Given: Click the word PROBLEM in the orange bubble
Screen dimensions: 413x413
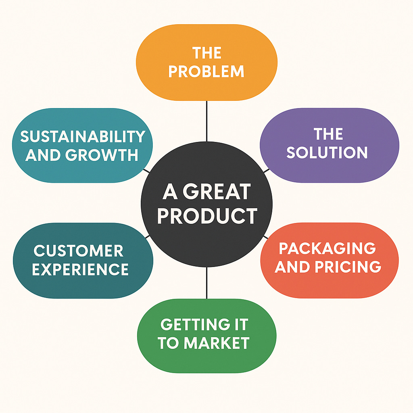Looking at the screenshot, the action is (x=206, y=71).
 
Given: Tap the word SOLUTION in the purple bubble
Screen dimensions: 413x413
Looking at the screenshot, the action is (x=327, y=152).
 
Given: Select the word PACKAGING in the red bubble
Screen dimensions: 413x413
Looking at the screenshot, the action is (x=327, y=248).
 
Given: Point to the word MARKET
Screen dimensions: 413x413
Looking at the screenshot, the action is (x=217, y=343).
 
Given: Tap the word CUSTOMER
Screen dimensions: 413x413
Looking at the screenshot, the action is (x=78, y=251).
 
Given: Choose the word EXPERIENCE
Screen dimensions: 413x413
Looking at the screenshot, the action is (x=80, y=269).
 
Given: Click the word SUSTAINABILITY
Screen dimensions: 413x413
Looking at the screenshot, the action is (x=83, y=137).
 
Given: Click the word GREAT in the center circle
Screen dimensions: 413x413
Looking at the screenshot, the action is (x=217, y=192).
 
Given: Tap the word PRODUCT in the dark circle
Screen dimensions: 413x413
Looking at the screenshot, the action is (x=207, y=216).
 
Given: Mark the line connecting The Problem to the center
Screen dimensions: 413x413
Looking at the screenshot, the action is (x=206, y=121).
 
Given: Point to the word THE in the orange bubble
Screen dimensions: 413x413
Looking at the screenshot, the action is (x=206, y=53).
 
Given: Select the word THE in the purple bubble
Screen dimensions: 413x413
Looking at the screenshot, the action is (x=328, y=134).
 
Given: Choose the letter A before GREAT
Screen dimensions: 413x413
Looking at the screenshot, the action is (x=170, y=192).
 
